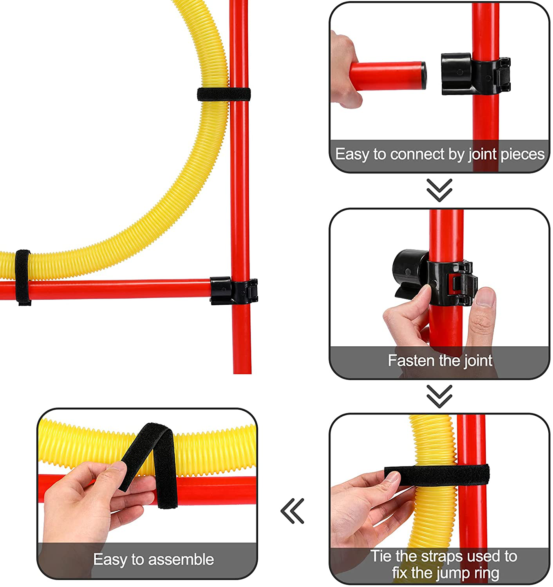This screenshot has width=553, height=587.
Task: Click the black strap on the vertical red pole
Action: pos(224,95)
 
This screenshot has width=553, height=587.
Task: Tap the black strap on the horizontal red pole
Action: pos(23,277)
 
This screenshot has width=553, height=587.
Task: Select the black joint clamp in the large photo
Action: pos(234,291)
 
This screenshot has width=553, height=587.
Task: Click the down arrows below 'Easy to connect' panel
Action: pos(439,190)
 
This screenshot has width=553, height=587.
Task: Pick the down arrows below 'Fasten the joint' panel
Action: pos(439,396)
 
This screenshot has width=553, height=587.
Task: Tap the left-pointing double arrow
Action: pos(292,511)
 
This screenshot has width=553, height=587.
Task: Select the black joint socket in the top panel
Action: pos(475,74)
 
